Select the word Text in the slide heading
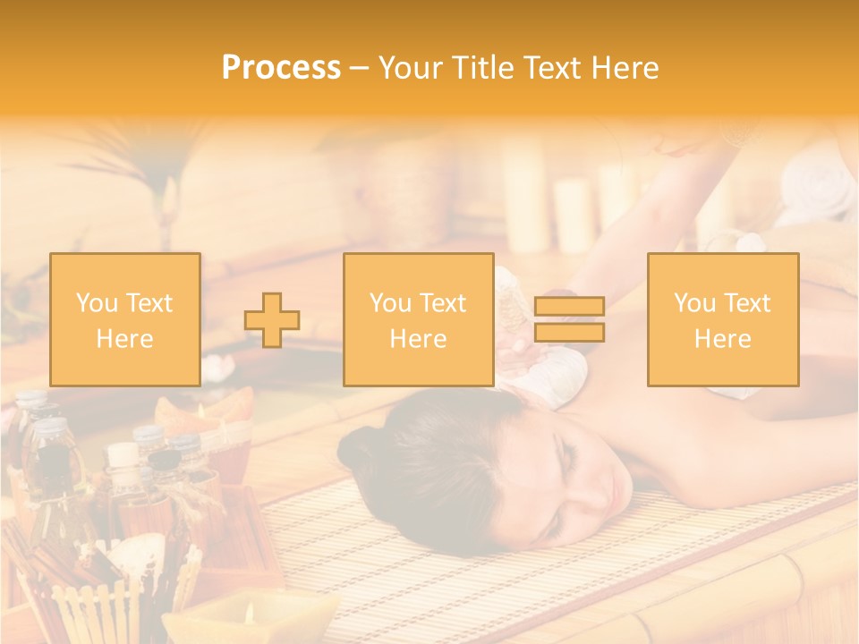556,68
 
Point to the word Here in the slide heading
626,68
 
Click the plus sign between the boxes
272,320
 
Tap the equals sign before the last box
569,319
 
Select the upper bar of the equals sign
569,307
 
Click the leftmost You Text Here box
125,319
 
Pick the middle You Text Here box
418,319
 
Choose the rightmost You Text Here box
723,319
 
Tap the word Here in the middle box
418,339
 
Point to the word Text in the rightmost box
746,303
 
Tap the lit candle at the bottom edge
248,615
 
